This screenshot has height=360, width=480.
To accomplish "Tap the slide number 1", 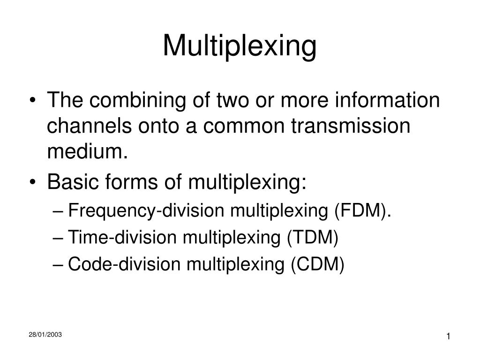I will [x=449, y=337].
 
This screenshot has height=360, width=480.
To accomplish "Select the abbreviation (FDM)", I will [x=362, y=211].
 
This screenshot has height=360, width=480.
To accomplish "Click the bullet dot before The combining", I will [x=37, y=102].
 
